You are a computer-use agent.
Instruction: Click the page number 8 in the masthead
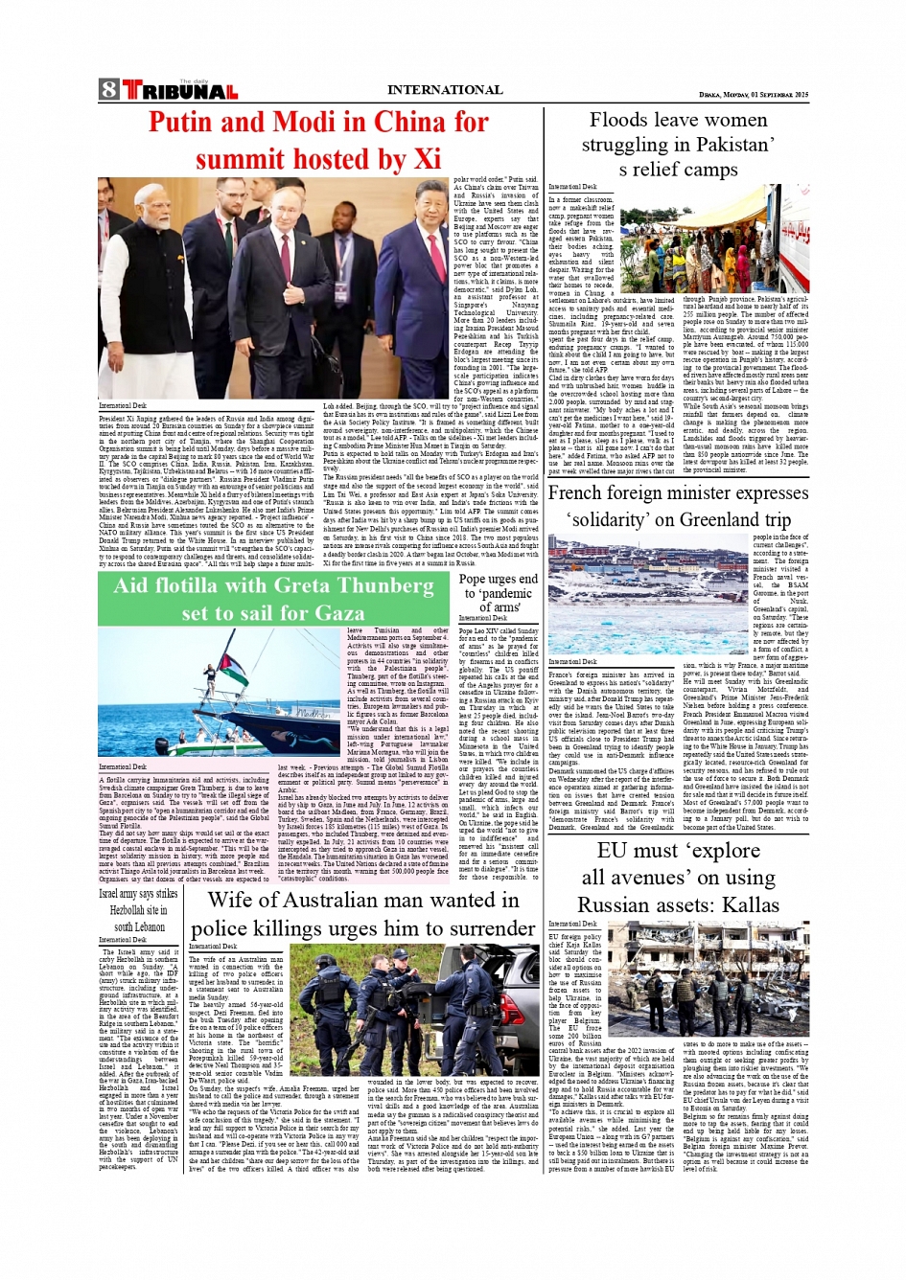click(108, 90)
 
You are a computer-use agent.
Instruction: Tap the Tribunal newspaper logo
click(180, 91)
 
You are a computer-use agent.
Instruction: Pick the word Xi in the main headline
click(426, 158)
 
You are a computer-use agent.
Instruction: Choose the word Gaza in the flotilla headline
click(338, 613)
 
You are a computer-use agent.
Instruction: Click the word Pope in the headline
click(474, 579)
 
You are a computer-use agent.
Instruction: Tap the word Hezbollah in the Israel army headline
click(127, 910)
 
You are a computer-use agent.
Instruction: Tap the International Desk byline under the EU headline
click(572, 925)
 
